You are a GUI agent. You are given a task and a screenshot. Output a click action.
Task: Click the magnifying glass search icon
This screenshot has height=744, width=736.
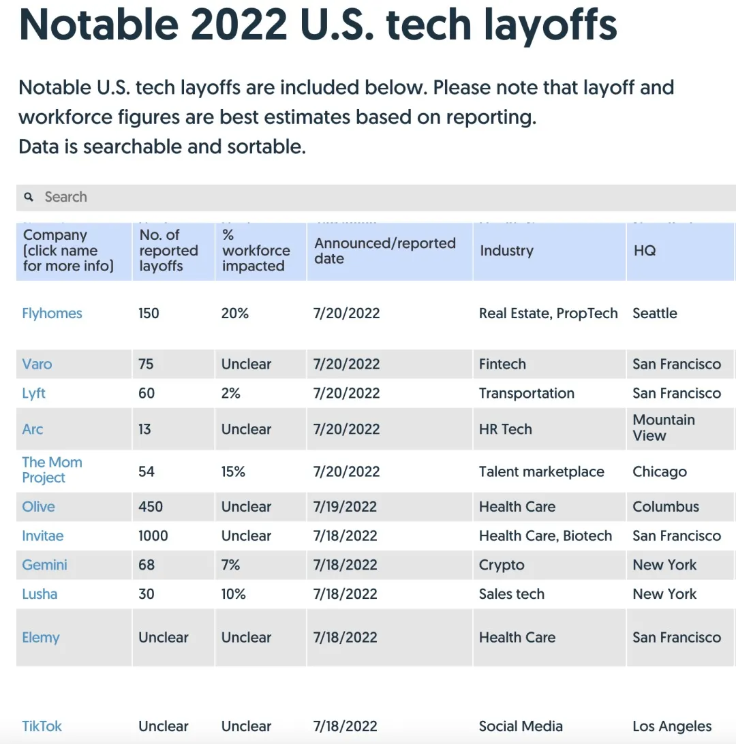pos(29,197)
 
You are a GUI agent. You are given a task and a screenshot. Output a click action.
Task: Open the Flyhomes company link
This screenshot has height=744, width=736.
pos(52,313)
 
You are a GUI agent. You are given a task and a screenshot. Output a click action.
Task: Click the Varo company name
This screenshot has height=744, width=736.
pos(37,364)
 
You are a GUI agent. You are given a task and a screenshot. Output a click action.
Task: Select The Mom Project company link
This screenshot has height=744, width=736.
pos(52,470)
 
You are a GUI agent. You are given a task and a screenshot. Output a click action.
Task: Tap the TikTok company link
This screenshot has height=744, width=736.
pos(42,726)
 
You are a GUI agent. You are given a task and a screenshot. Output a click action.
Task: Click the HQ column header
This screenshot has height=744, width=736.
pos(645,251)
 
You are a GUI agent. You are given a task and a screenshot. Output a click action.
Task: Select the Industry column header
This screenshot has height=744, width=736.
pos(506,251)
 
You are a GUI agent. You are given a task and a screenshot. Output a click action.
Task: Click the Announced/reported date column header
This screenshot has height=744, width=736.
pos(385,251)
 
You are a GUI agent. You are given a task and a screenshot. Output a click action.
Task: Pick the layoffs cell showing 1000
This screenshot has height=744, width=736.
pos(153,536)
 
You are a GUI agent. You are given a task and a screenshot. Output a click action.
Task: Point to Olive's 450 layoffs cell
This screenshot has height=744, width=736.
pos(151,507)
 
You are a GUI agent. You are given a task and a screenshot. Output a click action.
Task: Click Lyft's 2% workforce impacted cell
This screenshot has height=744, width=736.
pos(231,393)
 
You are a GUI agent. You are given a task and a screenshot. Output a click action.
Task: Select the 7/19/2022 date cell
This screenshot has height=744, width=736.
pos(345,507)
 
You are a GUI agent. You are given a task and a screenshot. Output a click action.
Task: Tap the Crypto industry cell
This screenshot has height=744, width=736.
pos(502,565)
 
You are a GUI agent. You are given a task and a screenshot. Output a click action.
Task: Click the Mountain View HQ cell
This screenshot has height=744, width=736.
pos(664,428)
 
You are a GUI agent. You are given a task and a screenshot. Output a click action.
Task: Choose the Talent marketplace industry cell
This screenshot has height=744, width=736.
pos(541,471)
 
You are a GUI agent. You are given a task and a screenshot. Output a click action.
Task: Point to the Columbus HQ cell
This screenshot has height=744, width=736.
pos(666,507)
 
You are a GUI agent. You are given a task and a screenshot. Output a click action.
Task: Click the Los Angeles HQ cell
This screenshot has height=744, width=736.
pos(672,726)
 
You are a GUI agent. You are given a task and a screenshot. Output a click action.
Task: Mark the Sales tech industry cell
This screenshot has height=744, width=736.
pos(511,594)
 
